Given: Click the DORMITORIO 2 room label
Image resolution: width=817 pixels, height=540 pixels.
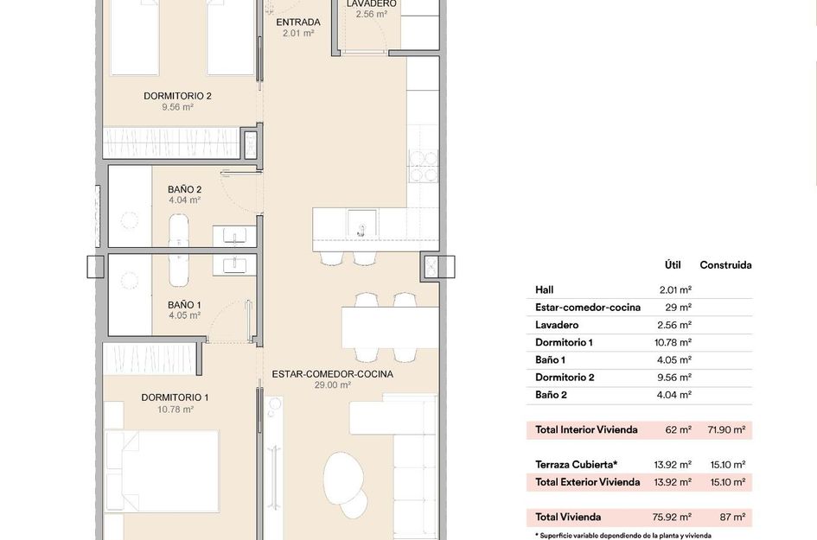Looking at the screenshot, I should (177, 96).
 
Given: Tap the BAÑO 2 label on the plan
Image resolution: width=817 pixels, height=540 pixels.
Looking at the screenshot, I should (184, 189).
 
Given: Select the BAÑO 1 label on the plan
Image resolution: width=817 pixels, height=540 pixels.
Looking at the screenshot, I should (184, 304).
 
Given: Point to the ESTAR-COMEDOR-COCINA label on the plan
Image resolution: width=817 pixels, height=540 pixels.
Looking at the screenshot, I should (332, 374).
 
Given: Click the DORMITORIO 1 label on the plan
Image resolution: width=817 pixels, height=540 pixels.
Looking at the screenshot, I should (175, 397).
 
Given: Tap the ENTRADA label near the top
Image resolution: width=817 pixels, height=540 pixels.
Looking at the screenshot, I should (298, 22).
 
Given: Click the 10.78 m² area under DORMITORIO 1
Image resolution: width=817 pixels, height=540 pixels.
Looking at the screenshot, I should (175, 410).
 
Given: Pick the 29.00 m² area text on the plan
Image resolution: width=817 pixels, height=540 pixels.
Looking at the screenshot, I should (332, 386).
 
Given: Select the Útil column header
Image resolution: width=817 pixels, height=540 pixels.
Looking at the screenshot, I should (673, 265).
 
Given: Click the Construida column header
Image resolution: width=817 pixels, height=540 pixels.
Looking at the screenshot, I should (725, 265).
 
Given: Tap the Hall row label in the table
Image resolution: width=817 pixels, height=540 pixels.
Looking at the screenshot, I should (544, 290).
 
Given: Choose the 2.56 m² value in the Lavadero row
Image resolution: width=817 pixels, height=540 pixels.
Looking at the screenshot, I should (674, 325).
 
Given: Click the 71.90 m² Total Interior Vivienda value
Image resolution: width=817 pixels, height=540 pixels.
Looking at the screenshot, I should (726, 429).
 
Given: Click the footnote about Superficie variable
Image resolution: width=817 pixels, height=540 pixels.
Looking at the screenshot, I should (622, 536).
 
